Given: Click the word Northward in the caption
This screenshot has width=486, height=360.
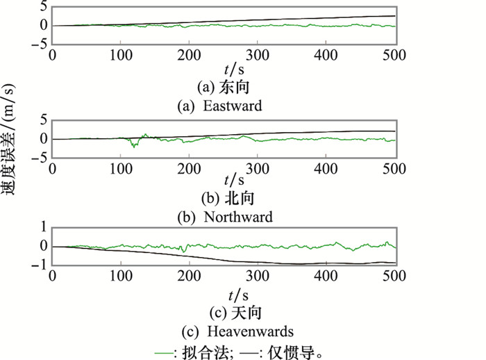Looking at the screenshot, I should coord(237,217).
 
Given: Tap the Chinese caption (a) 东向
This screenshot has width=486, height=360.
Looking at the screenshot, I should coord(224,88).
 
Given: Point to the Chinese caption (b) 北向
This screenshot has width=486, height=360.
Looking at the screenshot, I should coord(224,198).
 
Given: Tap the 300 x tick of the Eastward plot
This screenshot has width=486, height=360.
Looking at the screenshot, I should coord(258,55).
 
